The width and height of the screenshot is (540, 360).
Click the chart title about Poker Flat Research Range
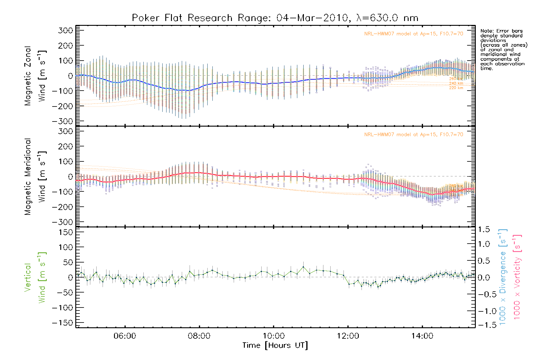275,18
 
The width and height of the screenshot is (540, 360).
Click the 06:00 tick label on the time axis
125,336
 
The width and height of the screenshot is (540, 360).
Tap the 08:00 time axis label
199,336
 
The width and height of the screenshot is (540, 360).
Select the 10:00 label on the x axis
274,336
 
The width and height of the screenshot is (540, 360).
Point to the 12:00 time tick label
348,336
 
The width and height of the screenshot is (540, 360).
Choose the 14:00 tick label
422,336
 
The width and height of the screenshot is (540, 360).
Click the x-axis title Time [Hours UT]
275,346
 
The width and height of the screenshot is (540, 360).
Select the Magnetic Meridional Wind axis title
35,176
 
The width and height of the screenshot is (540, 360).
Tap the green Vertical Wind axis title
35,277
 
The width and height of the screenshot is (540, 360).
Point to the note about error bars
503,49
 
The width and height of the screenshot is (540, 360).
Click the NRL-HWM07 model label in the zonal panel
414,34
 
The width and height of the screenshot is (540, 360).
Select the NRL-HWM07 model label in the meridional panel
414,134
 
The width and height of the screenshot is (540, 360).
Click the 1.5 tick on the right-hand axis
484,229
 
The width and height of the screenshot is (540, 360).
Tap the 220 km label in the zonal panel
456,88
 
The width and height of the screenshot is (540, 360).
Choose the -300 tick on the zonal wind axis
62,121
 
